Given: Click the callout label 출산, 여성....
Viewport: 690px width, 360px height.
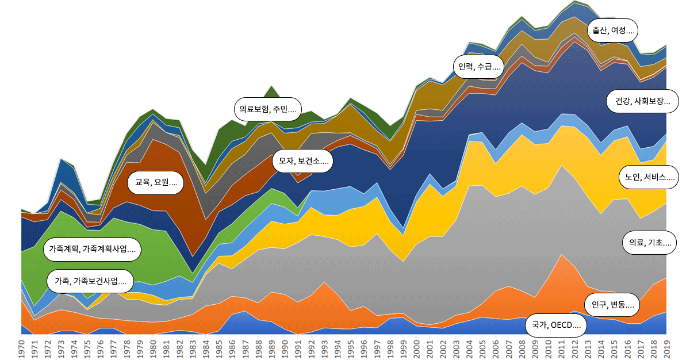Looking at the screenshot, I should pos(613,30).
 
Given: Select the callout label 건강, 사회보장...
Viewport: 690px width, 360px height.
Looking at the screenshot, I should pos(642,101).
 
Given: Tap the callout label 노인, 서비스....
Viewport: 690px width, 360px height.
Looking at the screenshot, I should pos(647,177).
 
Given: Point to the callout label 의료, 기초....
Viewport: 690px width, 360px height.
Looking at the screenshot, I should pos(649,243).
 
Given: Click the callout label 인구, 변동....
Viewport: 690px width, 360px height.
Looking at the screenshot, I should pos(612,304).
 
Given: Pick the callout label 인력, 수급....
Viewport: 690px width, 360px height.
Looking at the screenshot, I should pos(478,66).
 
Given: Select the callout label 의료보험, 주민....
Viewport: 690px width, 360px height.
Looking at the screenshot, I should pos(268,108).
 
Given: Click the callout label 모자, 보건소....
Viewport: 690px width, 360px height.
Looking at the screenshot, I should pos(303,161).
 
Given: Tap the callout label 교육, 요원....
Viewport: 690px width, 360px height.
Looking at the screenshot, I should pos(156,183).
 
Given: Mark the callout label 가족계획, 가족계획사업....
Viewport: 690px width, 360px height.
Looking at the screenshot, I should pos(92,250).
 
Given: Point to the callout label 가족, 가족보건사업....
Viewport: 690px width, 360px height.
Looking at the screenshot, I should pos(90,281).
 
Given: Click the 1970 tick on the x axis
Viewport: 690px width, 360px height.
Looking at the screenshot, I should pos(21,347).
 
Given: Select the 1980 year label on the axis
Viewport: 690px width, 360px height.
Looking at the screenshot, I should pos(153,347).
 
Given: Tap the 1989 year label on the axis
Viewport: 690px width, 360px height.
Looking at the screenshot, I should pos(271,347).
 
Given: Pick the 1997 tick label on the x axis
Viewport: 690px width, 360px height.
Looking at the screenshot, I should pos(377,347).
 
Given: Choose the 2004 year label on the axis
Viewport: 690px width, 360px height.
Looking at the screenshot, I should pos(469,347).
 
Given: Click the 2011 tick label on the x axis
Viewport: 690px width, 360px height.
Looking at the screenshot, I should pos(561,347).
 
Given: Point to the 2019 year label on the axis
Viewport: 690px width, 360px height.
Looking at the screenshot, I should pos(666,347).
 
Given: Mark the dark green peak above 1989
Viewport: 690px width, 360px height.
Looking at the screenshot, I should pos(271,87).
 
